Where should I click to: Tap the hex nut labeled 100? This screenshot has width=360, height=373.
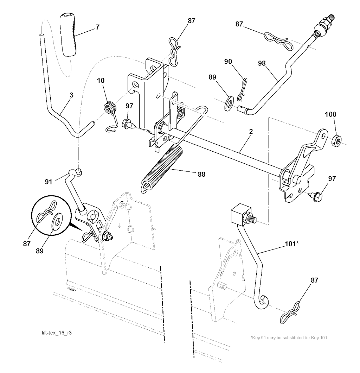tap(336, 140)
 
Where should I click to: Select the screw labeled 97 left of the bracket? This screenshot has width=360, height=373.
tap(127, 124)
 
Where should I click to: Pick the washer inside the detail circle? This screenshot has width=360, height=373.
tap(57, 222)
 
